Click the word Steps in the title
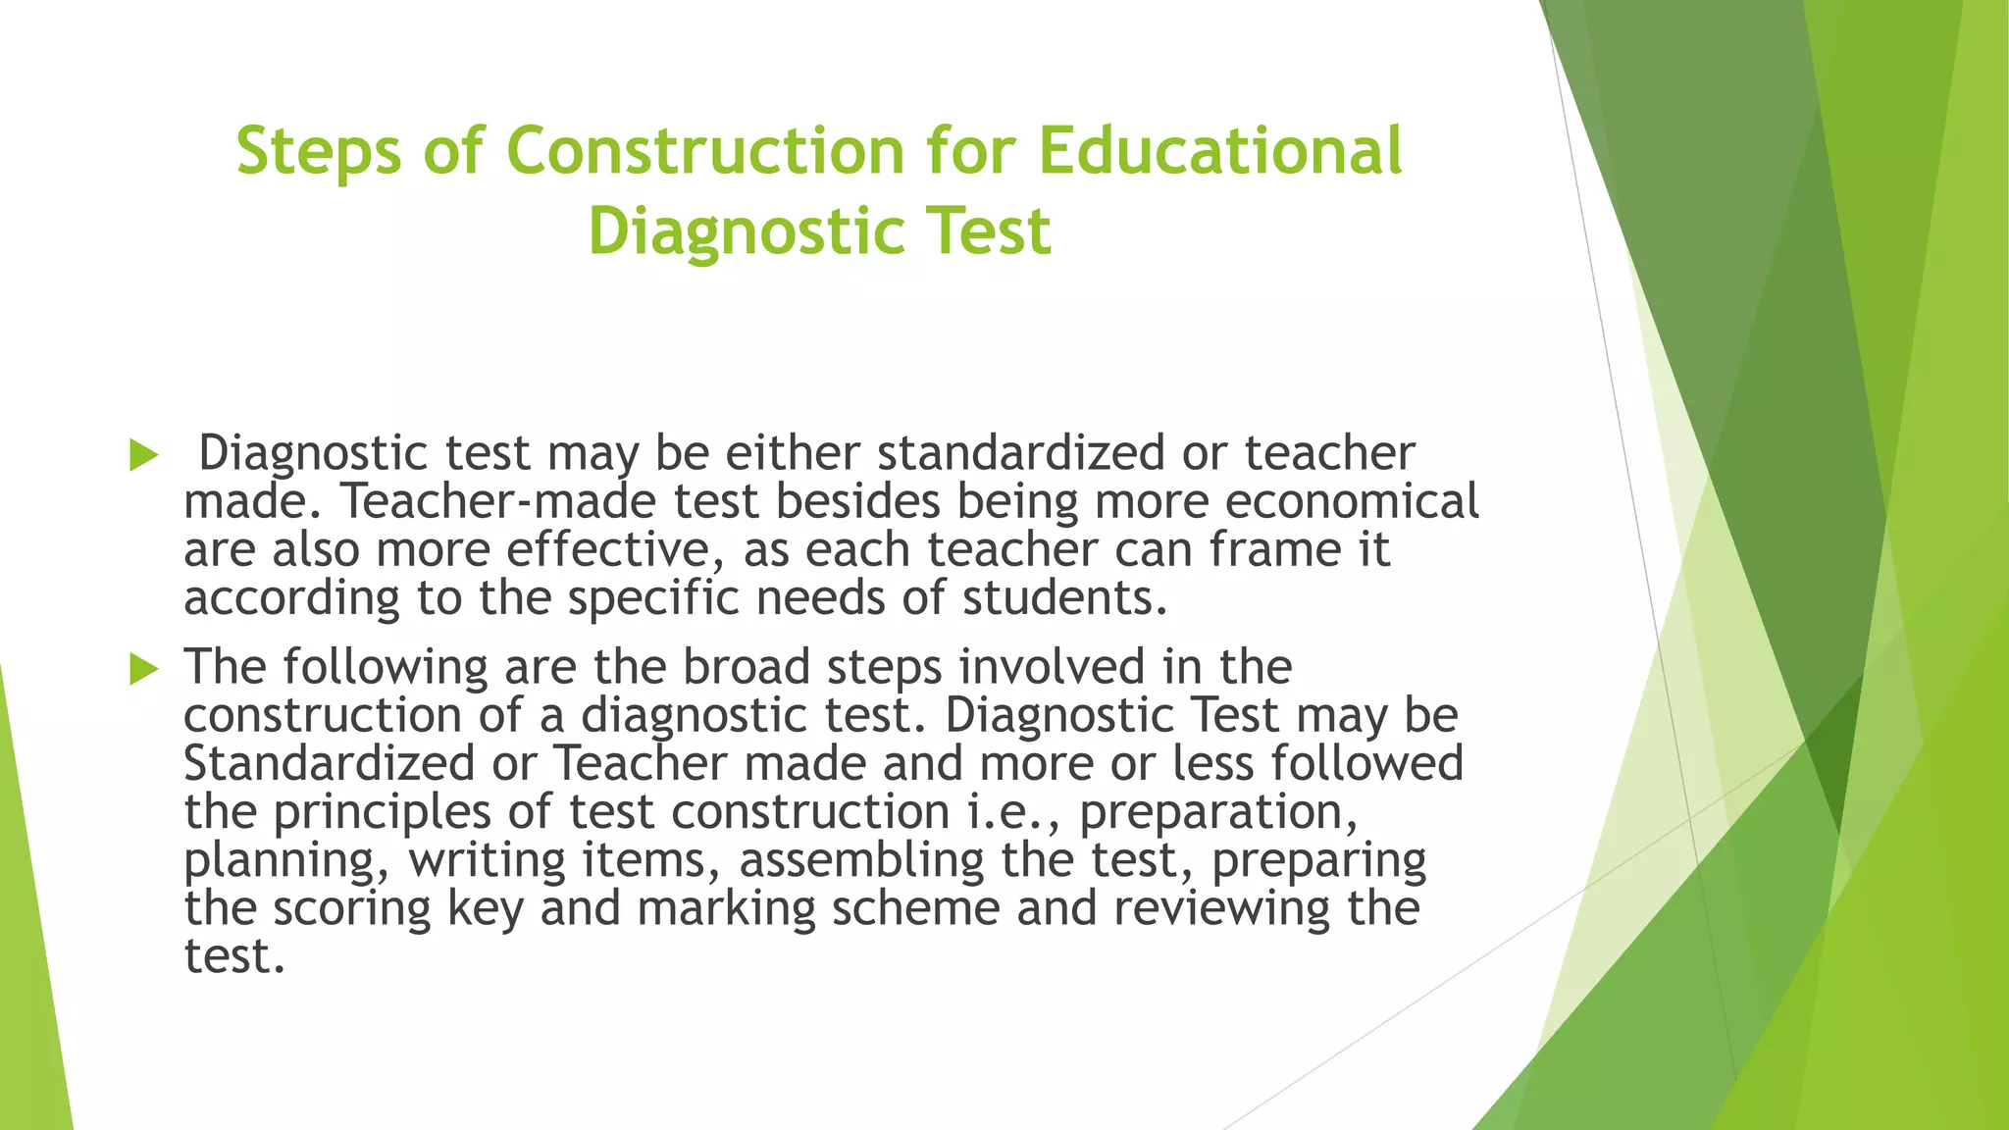[319, 152]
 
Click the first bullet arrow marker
[143, 455]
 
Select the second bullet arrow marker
[143, 670]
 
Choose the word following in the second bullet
[386, 668]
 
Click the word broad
[747, 667]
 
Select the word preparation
[1218, 812]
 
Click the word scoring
[351, 908]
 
